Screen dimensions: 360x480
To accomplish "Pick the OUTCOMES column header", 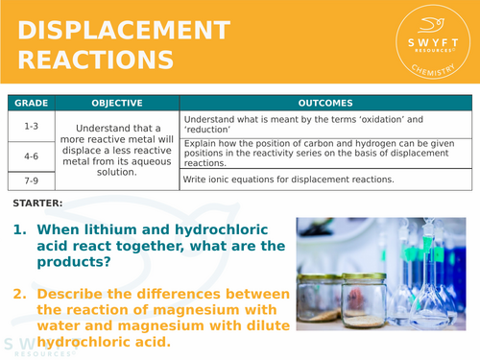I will pyautogui.click(x=325, y=103).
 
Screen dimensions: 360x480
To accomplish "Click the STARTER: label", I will pyautogui.click(x=38, y=204).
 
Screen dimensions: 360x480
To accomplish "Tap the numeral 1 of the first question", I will pyautogui.click(x=18, y=230).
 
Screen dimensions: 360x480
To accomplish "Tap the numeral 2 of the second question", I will pyautogui.click(x=18, y=294).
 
